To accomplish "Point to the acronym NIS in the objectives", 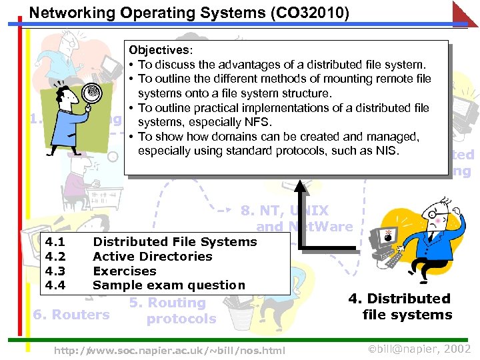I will (x=385, y=151).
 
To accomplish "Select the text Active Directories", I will (x=152, y=257).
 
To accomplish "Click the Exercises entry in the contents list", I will (x=124, y=271).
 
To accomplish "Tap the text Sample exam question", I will (x=169, y=285).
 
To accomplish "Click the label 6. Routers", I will (x=71, y=315).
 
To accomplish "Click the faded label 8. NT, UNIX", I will (x=285, y=211).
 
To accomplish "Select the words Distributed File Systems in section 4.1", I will (x=175, y=242).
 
